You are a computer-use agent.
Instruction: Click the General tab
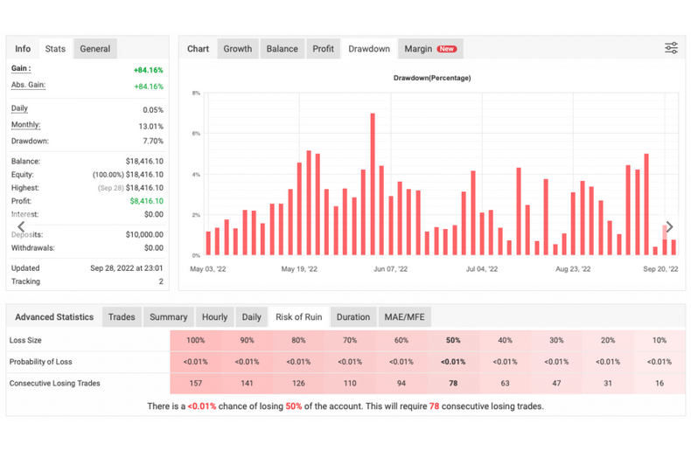pos(95,49)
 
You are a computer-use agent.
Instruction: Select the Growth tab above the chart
pos(238,49)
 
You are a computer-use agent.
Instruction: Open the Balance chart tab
pos(282,49)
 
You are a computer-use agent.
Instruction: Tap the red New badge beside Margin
pos(447,49)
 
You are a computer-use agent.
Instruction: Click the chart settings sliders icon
pos(671,48)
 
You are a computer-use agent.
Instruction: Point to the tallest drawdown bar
pos(373,184)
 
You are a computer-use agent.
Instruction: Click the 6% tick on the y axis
pos(196,134)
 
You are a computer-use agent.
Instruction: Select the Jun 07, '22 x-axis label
pos(390,269)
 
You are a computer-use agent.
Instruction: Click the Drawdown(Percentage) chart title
pos(432,78)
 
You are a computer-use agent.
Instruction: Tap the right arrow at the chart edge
pos(669,226)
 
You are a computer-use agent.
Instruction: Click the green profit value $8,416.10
pos(146,201)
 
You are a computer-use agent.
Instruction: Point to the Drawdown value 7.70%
pos(153,141)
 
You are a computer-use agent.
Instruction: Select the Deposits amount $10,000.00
pos(144,235)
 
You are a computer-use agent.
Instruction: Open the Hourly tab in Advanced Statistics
pos(214,317)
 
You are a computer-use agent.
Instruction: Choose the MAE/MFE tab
pos(405,317)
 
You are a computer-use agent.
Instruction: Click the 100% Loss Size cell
pos(196,341)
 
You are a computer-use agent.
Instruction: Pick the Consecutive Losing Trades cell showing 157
pos(196,383)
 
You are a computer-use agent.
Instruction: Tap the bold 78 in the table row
pos(453,383)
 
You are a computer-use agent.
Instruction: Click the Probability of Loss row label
pos(40,362)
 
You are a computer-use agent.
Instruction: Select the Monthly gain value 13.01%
pos(150,127)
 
